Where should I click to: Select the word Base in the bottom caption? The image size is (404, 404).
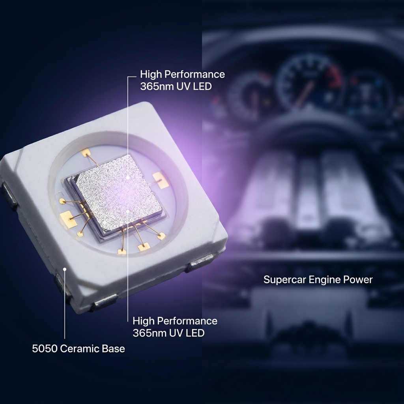pos(113,349)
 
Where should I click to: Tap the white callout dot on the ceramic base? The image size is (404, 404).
pos(65,269)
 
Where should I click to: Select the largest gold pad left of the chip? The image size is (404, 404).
pos(69,219)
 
